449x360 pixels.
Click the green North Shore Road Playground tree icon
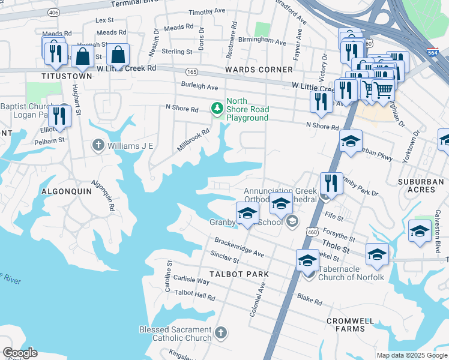point(217,109)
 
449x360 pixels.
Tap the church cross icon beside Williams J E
point(98,145)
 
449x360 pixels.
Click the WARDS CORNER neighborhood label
point(259,70)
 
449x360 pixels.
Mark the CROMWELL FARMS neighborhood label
point(354,325)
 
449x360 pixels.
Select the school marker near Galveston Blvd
point(420,231)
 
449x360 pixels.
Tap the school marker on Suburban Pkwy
point(351,141)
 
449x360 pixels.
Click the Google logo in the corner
point(20,353)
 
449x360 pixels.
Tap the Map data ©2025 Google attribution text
point(411,355)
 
